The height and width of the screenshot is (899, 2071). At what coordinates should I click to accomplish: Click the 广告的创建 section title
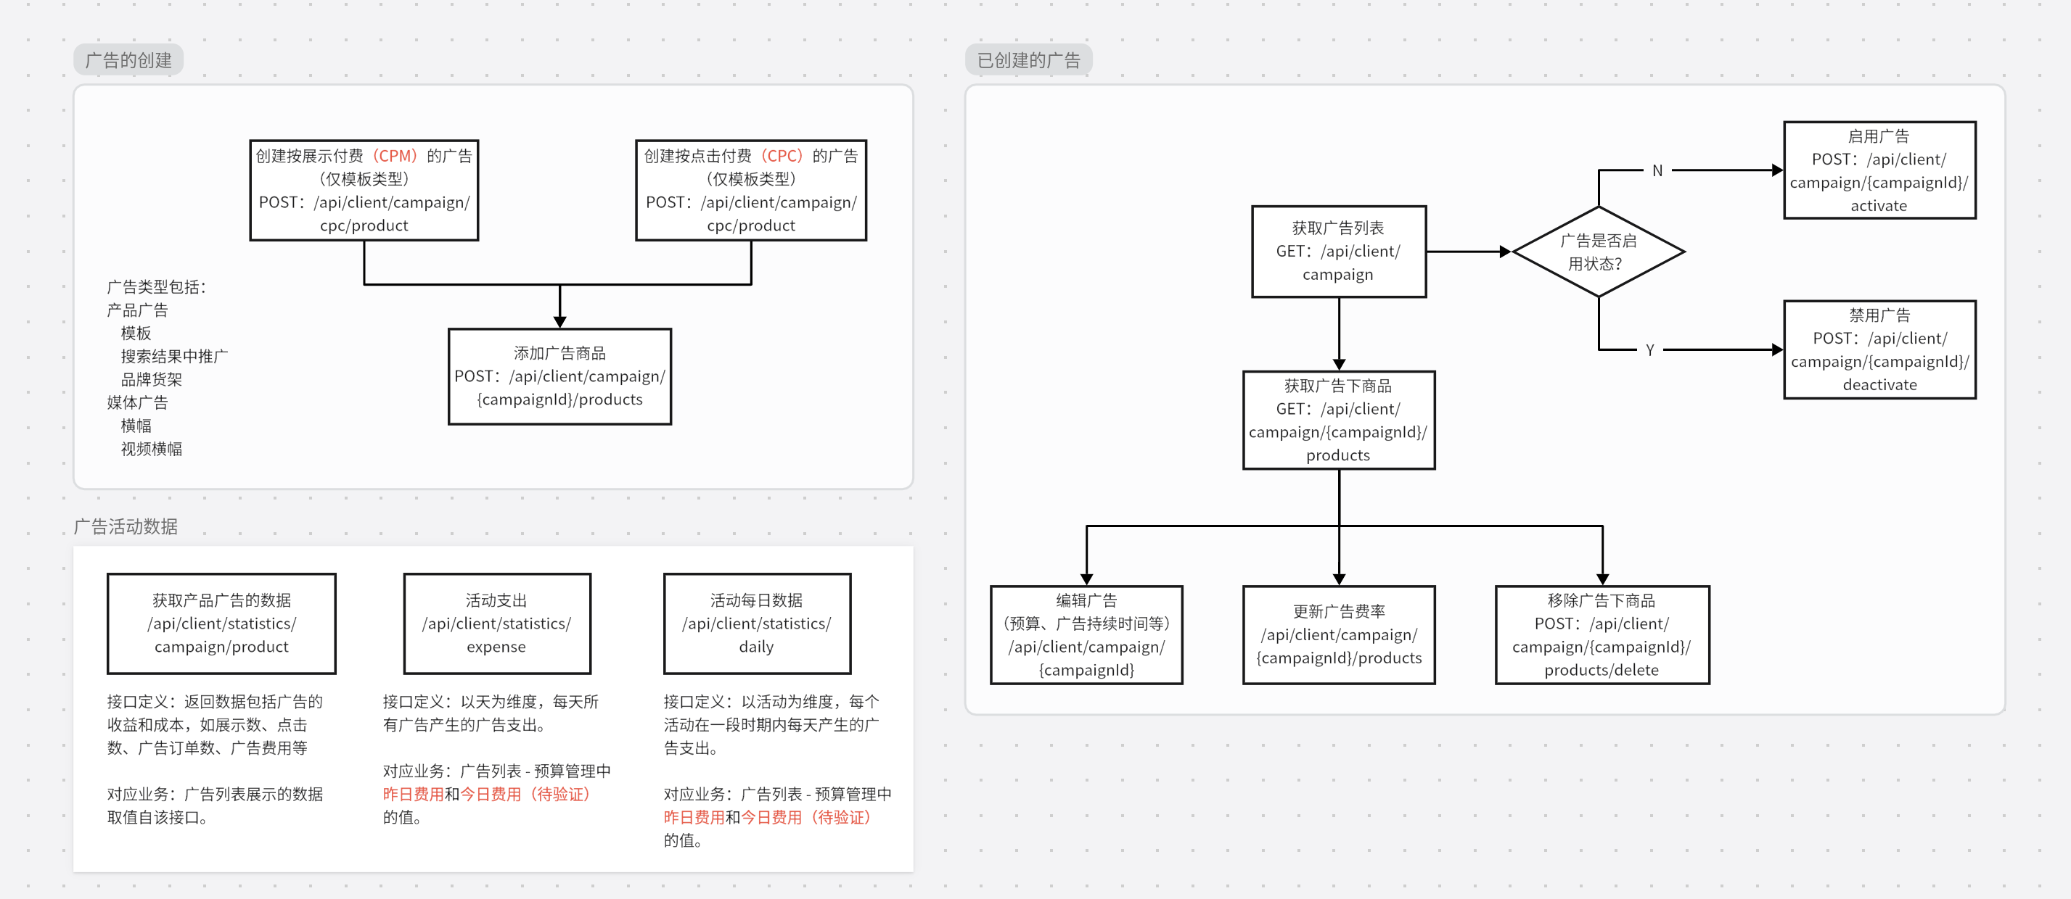(x=128, y=60)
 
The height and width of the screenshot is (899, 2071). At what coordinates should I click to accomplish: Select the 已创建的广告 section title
(x=1028, y=60)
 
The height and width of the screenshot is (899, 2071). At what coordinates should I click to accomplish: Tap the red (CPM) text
(x=395, y=156)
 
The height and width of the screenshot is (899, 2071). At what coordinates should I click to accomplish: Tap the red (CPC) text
(x=782, y=156)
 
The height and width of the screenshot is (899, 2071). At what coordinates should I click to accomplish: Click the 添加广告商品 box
(x=559, y=376)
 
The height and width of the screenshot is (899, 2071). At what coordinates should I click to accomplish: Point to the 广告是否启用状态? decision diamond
(x=1599, y=252)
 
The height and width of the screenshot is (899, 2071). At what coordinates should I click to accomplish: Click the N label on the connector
(x=1657, y=170)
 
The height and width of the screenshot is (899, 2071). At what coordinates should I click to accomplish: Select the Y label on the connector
(x=1649, y=350)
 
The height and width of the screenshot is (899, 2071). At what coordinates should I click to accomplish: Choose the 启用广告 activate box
(x=1879, y=170)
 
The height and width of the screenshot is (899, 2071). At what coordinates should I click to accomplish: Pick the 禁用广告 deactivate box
(x=1879, y=349)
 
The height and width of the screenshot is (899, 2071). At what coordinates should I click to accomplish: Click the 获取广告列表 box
(x=1339, y=252)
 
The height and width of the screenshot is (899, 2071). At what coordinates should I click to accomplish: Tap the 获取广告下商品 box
(x=1339, y=420)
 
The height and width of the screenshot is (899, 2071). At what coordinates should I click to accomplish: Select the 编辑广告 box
(x=1086, y=634)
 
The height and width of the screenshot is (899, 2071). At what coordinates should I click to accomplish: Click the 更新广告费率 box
(x=1339, y=634)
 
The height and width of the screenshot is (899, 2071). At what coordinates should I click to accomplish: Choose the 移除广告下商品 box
(x=1602, y=634)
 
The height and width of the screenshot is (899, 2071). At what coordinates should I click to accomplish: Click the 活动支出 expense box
(x=497, y=623)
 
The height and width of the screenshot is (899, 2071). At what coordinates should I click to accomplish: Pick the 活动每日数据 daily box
(x=757, y=623)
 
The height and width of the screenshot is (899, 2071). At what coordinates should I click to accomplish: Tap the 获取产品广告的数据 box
(x=221, y=623)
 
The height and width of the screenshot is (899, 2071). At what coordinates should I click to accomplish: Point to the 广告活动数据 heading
(x=126, y=526)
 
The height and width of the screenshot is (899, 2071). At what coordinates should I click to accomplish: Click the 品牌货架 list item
(x=151, y=379)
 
